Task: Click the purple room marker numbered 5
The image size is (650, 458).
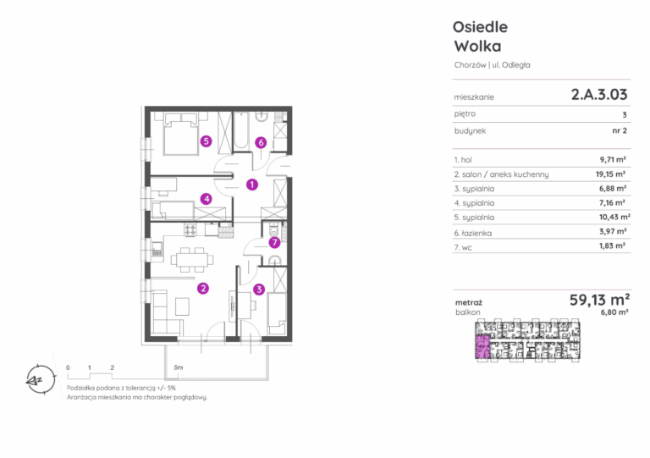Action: [x=206, y=141]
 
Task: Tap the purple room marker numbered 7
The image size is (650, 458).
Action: [x=274, y=242]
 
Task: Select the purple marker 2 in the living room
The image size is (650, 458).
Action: [x=203, y=288]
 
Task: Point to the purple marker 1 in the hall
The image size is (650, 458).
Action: [x=252, y=185]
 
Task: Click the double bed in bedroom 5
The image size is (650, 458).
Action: [x=181, y=134]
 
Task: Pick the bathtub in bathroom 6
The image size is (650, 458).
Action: [x=241, y=130]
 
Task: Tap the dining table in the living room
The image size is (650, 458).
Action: [x=192, y=260]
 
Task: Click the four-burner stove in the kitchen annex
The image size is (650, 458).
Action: [x=190, y=229]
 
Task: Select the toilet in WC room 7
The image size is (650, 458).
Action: [x=273, y=229]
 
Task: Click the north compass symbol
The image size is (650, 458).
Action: [x=41, y=379]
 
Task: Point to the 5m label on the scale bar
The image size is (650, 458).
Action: [x=179, y=367]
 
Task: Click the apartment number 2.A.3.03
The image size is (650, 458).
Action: [x=599, y=95]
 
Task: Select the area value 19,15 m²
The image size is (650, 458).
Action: [x=610, y=174]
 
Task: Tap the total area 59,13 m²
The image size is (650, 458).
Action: [x=599, y=299]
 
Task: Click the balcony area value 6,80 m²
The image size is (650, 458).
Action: [x=614, y=312]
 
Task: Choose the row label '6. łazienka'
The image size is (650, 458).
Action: [x=472, y=233]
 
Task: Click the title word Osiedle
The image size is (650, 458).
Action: [x=480, y=27]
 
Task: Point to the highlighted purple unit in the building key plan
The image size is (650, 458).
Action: [x=482, y=347]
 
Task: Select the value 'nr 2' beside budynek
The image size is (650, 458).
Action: [x=620, y=130]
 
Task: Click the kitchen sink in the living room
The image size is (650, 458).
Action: [x=157, y=250]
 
